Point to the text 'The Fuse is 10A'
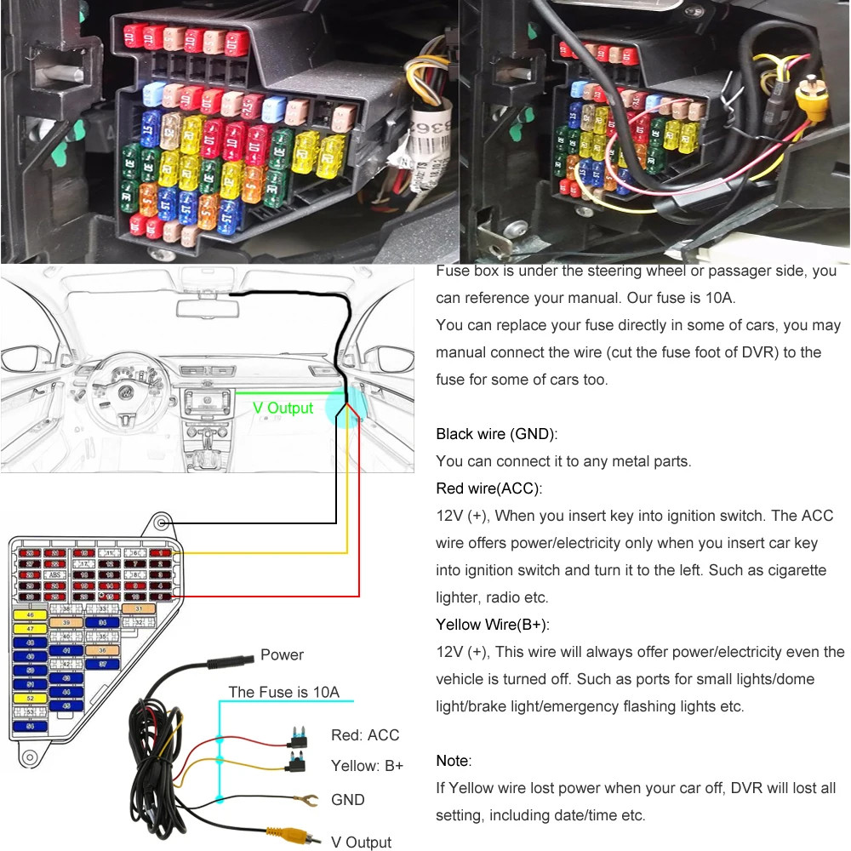(x=283, y=692)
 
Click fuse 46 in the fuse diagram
(x=30, y=614)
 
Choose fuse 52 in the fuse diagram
(x=30, y=697)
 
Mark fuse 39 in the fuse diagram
(x=66, y=623)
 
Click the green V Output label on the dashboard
(x=283, y=408)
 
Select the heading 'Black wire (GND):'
(x=496, y=434)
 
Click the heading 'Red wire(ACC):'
(x=488, y=488)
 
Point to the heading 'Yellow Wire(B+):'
(x=493, y=625)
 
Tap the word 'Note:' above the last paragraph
(x=454, y=761)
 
